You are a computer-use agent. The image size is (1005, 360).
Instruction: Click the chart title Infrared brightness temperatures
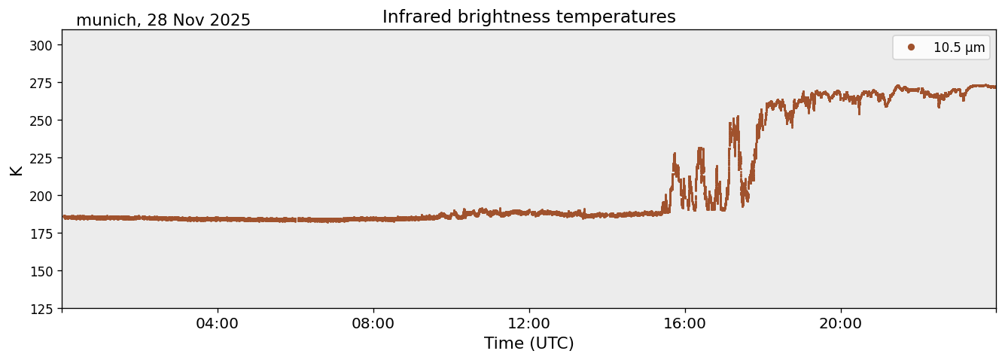click(528, 17)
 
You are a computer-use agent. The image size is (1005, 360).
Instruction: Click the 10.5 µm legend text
click(958, 47)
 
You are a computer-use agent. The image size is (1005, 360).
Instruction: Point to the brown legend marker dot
click(911, 47)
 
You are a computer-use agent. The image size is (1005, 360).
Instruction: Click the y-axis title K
click(17, 169)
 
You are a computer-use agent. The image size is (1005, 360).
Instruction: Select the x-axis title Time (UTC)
click(528, 343)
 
